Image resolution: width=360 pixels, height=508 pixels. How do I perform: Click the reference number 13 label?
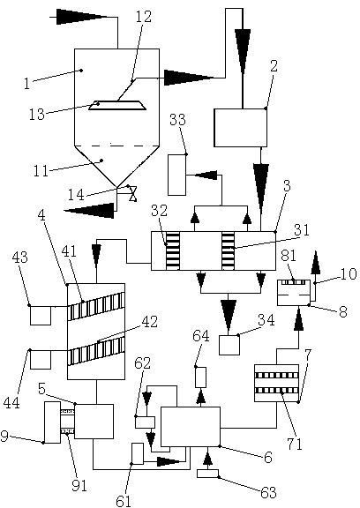[36, 115]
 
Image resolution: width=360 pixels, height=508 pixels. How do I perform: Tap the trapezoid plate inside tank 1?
[117, 105]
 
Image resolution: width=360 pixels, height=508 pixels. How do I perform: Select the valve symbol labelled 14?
[132, 194]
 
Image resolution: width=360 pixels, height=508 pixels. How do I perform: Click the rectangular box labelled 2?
[240, 128]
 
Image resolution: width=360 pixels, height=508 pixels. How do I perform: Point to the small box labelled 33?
[177, 175]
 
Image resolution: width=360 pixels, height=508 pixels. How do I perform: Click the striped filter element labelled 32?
[173, 250]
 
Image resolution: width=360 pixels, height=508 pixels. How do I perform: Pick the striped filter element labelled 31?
[229, 250]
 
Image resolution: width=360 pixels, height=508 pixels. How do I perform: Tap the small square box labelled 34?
[229, 345]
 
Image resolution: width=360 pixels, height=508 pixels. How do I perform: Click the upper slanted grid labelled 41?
[96, 306]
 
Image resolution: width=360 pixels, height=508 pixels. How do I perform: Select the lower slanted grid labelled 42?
[96, 350]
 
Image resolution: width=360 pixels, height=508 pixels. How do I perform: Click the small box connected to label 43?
[41, 315]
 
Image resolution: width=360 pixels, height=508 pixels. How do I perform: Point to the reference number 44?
[11, 403]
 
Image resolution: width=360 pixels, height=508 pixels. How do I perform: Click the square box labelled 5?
[94, 422]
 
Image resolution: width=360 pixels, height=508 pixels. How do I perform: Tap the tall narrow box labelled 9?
[52, 422]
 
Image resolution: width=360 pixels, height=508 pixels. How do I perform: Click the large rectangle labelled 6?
[191, 427]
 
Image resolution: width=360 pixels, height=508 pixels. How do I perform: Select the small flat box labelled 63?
[207, 474]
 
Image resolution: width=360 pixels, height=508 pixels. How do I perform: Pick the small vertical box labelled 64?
[201, 377]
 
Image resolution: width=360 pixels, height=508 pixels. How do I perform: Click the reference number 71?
[295, 444]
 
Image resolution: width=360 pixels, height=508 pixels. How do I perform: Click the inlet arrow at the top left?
[83, 16]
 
